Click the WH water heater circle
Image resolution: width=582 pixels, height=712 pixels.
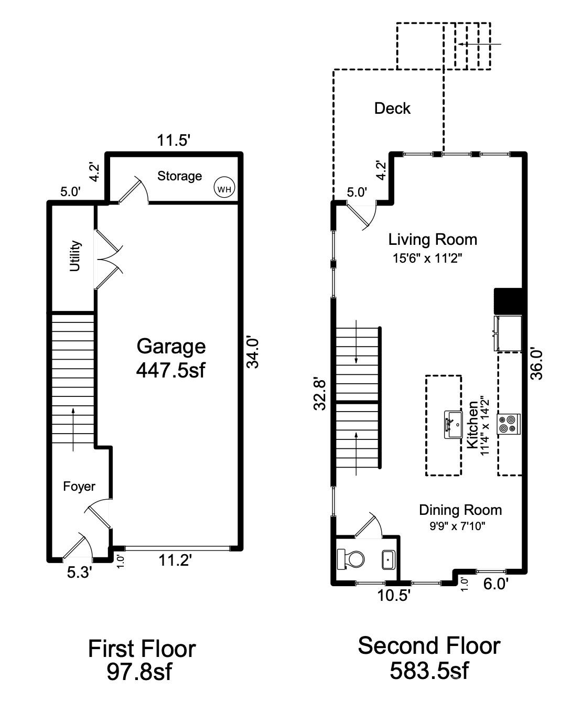pos(224,189)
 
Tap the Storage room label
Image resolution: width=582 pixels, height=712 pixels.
pos(180,176)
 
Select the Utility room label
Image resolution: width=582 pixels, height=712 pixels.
pos(76,256)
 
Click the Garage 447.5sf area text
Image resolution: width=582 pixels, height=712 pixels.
pos(171,358)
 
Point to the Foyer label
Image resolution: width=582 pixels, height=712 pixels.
pos(79,487)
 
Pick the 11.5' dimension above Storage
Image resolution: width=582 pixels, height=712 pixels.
pos(174,140)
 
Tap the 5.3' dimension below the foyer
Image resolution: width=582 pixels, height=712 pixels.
pos(80,573)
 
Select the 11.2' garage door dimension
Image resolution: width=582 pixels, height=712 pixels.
pos(175,561)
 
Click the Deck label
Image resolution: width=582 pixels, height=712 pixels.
pos(392,109)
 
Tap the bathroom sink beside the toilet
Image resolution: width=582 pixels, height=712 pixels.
pos(388,560)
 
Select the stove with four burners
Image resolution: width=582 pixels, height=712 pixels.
pos(509,424)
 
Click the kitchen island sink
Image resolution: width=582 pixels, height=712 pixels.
pos(452,425)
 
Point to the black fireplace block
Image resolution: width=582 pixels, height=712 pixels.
pos(508,300)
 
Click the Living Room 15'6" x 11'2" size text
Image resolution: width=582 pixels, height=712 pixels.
pos(427,258)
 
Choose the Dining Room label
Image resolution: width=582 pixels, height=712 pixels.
pos(460,510)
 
